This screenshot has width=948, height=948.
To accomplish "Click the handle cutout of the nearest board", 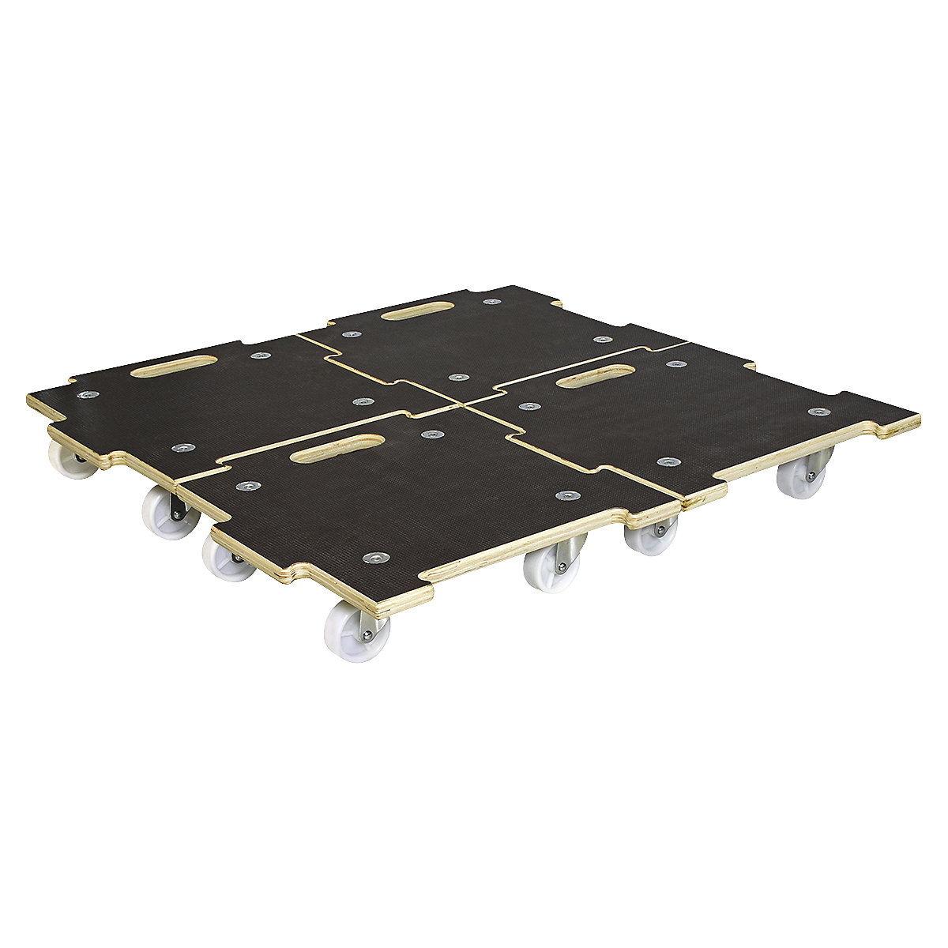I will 331,448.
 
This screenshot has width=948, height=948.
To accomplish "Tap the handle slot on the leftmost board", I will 174,366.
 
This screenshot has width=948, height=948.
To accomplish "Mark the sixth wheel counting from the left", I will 649,536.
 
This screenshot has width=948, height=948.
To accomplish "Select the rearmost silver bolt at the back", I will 493,301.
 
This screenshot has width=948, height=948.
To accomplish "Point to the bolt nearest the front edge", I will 372,559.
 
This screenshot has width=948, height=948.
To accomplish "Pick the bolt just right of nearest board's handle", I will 430,434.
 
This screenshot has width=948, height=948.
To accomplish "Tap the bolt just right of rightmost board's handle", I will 674,364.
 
